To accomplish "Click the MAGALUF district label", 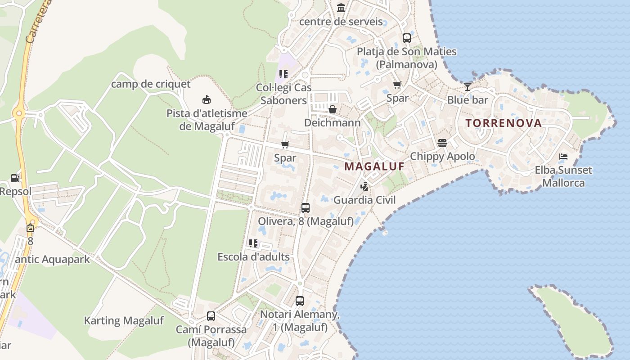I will pos(374,166).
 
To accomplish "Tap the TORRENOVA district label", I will pos(504,123).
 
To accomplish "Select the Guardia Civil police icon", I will pos(364,186).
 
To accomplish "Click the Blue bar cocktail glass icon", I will pos(468,87).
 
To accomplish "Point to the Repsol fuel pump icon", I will pos(15,178).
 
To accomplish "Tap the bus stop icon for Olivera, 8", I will pos(306,208).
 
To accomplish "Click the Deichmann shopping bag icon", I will pos(333,109).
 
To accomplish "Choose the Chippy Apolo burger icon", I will pos(442,143).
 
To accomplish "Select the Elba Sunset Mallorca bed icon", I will pos(563,157).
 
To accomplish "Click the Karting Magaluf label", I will pos(124,321).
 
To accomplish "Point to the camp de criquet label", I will pos(151,84).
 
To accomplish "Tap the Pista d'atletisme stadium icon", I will pos(207,100).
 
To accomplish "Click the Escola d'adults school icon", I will pos(253,243).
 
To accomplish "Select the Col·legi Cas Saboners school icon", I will pos(283,74).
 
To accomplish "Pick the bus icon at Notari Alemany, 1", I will pos(300,301).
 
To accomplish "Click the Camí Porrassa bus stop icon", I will pos(211,316).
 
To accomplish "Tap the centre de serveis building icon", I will pos(341,8).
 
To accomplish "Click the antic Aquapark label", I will pos(53,260).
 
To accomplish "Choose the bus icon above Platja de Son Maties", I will pos(407,38).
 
